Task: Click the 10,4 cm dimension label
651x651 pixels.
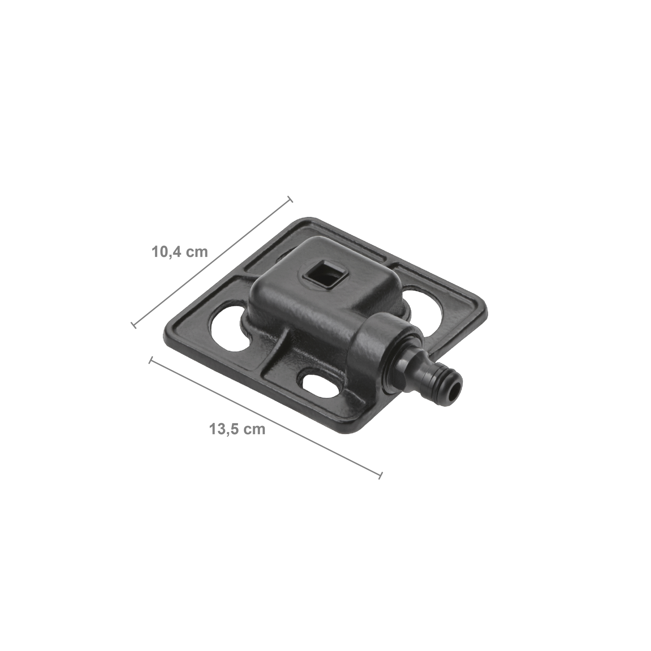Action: coord(180,252)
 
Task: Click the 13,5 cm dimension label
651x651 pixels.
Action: coord(237,429)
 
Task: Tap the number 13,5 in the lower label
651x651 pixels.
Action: coord(223,429)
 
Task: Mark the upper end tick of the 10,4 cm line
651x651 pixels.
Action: coord(289,199)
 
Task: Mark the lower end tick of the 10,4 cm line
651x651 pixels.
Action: coord(133,325)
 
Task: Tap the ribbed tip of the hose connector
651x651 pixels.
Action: coord(445,381)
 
